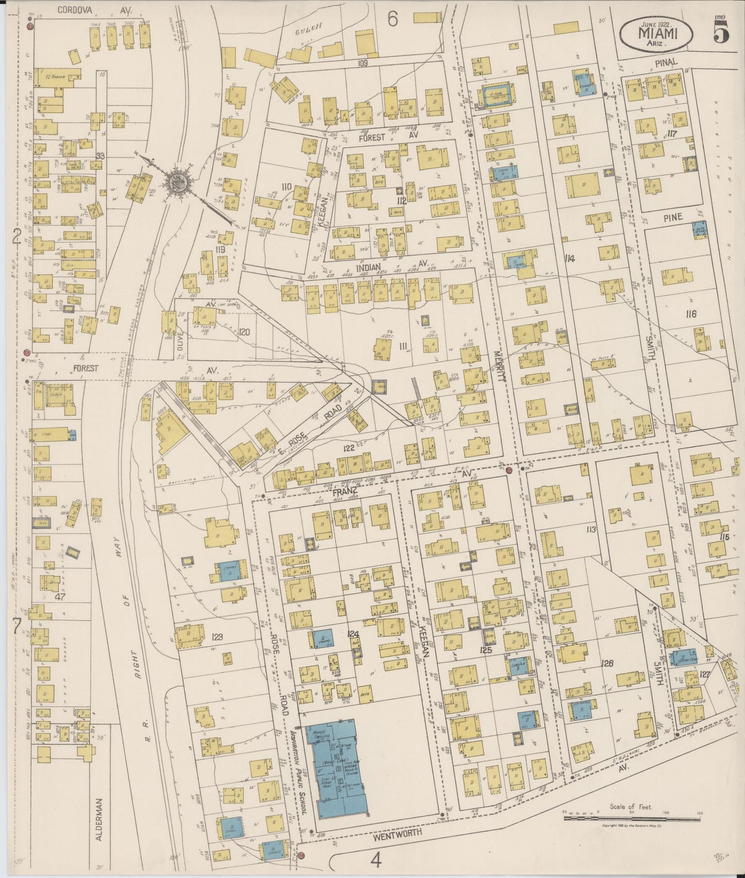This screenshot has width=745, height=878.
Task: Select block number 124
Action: coord(353,634)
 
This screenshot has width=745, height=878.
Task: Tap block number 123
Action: coord(217,637)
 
